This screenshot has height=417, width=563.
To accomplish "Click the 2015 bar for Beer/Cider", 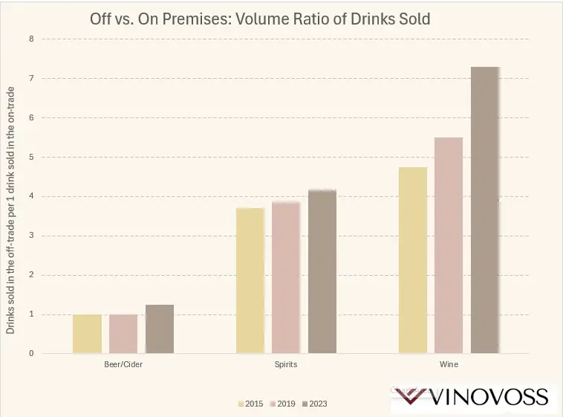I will [x=87, y=334].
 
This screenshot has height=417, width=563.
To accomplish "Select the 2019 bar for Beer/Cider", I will [x=123, y=334].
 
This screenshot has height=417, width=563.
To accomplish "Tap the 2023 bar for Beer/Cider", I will [x=160, y=329].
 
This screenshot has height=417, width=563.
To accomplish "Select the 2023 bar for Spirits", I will [x=322, y=272].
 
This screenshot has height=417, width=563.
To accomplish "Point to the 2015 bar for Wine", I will [x=412, y=260].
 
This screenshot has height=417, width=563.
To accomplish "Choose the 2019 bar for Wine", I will [x=449, y=245].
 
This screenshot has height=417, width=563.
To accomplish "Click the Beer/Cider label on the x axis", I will [x=123, y=365].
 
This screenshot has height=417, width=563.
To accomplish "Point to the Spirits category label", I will [x=286, y=365].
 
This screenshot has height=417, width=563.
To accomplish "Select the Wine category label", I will [x=449, y=365].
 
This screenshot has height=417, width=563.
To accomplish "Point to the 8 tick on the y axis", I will [x=31, y=39].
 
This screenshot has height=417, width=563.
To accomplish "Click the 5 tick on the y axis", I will [x=31, y=157].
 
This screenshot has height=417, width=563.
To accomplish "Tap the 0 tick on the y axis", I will [x=31, y=354].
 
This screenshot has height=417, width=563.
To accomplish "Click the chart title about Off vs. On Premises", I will [x=260, y=19].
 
